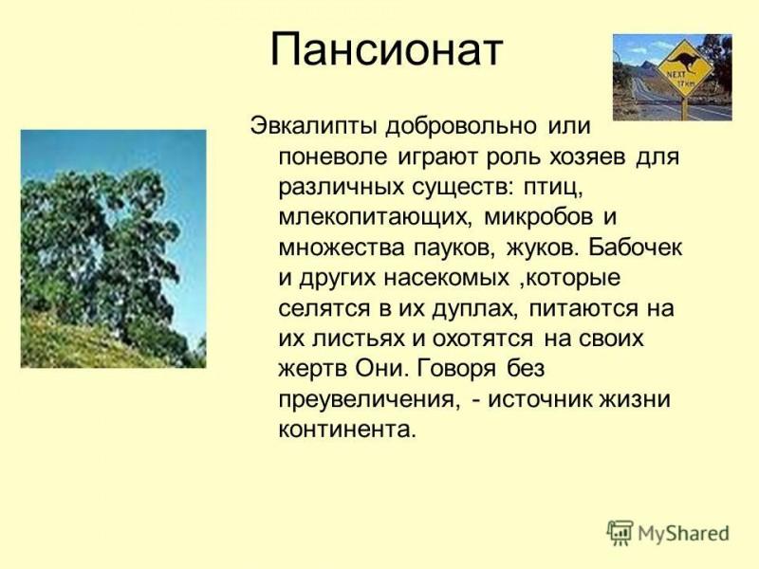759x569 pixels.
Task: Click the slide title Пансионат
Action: point(386,49)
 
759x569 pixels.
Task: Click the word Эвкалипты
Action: point(313,127)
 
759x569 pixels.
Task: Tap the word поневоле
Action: point(333,156)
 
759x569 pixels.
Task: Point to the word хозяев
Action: point(586,156)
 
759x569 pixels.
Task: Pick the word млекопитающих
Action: point(375,218)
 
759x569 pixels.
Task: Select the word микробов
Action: point(538,217)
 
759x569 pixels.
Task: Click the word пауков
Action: point(455,248)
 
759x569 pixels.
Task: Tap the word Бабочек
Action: point(635,247)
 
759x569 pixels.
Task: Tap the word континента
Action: point(347,430)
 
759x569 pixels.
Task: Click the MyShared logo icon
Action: point(620,534)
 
